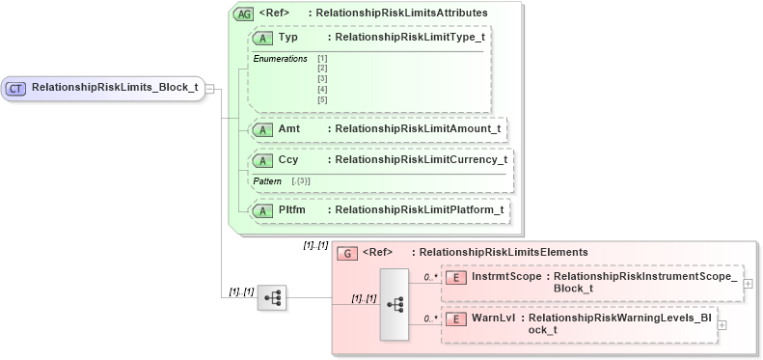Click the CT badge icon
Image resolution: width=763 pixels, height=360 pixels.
(16, 88)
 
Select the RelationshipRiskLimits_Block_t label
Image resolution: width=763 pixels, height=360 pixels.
(115, 88)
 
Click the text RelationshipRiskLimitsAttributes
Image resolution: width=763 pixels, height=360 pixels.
(404, 13)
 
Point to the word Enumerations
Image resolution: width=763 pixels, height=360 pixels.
(280, 59)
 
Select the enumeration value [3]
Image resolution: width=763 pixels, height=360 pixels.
(322, 79)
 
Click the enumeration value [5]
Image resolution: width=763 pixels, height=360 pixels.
(322, 99)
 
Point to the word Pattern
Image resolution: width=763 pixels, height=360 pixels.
(267, 180)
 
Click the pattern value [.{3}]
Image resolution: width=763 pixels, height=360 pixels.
(301, 180)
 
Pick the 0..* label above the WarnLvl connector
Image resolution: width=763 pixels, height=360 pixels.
(430, 317)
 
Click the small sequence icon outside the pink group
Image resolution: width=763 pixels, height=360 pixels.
(272, 298)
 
